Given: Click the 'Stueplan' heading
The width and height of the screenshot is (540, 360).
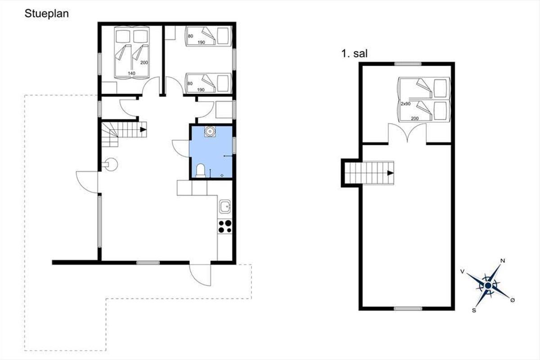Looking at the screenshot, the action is click(x=46, y=14).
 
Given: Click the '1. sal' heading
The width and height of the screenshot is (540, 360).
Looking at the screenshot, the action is click(x=355, y=53).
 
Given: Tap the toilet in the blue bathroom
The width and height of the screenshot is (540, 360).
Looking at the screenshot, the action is click(x=200, y=170).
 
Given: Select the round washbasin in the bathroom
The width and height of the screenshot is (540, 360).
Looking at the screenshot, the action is click(x=210, y=131).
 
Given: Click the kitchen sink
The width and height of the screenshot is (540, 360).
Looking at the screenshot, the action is click(x=225, y=207).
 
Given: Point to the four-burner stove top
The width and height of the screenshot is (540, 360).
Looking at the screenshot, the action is click(x=225, y=226).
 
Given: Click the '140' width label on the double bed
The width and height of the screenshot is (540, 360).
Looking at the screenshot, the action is click(x=131, y=73).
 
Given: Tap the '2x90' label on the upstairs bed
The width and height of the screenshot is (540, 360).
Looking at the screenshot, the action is click(x=405, y=103).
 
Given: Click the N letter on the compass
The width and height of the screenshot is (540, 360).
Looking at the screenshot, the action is click(x=503, y=261).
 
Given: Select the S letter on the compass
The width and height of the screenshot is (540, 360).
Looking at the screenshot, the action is click(x=474, y=310).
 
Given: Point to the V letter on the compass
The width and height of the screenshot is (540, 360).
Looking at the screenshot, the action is click(x=463, y=272).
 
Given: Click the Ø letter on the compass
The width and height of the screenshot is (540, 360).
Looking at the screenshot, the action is click(x=513, y=300).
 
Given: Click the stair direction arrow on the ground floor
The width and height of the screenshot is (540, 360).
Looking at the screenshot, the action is click(x=144, y=130).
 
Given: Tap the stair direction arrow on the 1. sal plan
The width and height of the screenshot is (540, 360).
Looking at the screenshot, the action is click(x=391, y=173).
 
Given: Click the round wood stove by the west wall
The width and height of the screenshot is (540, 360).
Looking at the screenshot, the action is click(x=111, y=164).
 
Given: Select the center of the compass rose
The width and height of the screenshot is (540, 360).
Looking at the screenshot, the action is click(x=488, y=286).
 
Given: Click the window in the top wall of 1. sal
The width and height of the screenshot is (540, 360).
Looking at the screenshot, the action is click(x=408, y=64).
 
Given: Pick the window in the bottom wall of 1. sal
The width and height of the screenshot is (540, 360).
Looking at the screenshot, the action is click(x=408, y=308).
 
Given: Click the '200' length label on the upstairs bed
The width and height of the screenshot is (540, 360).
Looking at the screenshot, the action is click(x=414, y=118).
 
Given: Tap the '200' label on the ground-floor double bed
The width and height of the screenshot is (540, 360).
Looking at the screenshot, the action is click(x=144, y=63).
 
